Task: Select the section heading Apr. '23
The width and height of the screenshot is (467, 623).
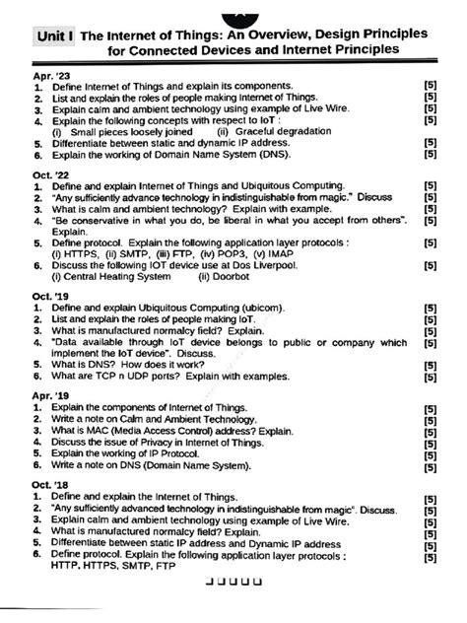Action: pyautogui.click(x=50, y=76)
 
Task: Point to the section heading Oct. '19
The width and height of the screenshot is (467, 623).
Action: pyautogui.click(x=50, y=295)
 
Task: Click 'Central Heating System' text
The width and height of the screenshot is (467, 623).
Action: pyautogui.click(x=111, y=277)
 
